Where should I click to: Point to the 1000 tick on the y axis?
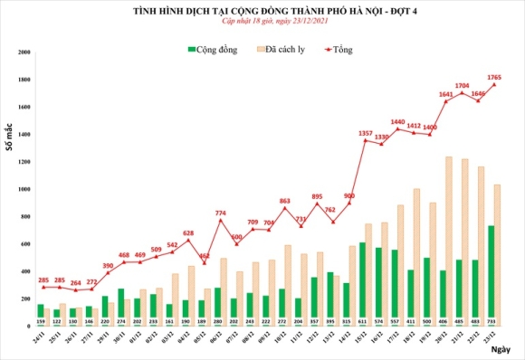(25, 190)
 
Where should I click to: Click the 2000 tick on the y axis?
(25, 53)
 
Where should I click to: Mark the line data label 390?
(108, 265)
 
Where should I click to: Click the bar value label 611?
(363, 321)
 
